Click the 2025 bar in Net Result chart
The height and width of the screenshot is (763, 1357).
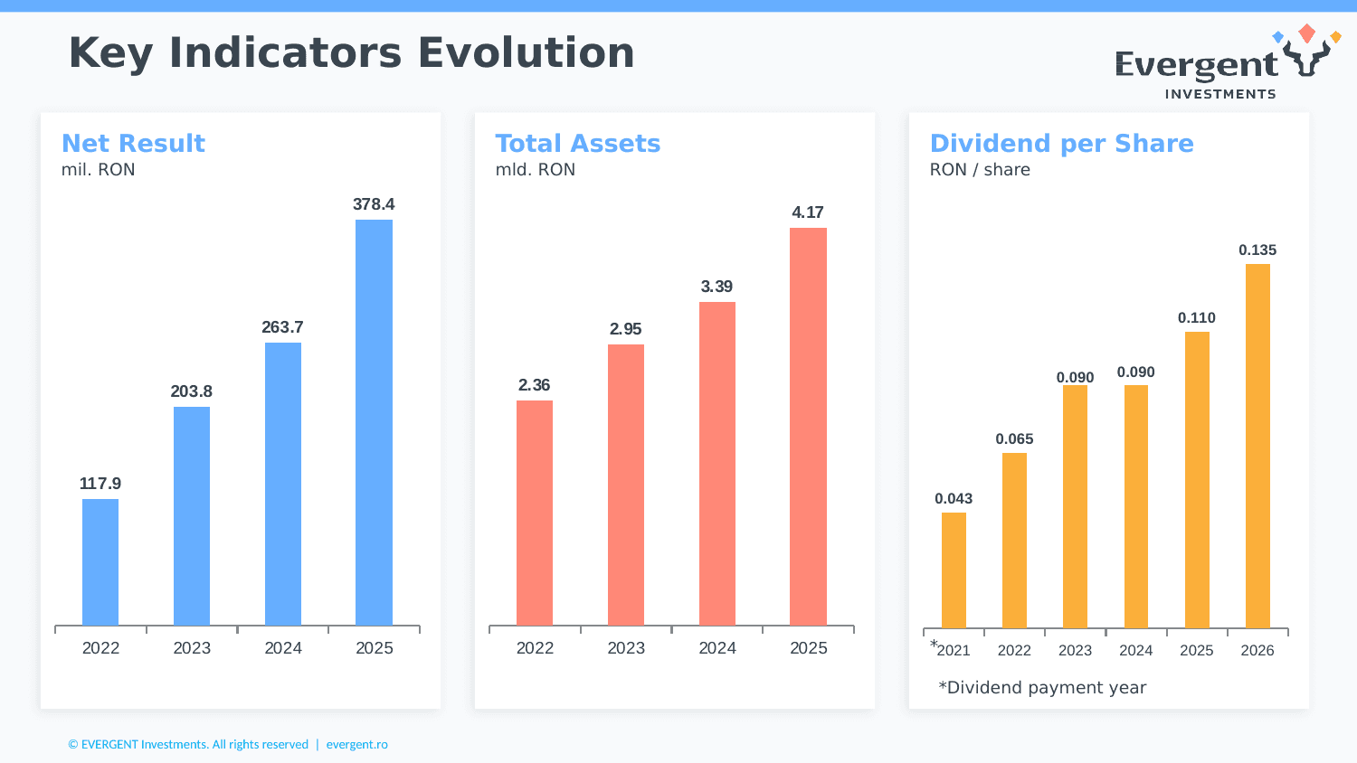click(374, 422)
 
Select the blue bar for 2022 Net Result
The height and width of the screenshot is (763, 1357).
click(100, 561)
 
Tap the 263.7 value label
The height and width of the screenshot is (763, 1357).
click(282, 327)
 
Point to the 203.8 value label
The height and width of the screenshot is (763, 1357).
click(191, 391)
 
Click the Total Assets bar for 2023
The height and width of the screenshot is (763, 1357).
click(626, 485)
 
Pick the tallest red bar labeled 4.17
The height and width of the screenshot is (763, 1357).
click(808, 426)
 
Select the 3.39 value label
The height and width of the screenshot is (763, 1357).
click(716, 287)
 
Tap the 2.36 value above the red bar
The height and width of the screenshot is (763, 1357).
click(534, 385)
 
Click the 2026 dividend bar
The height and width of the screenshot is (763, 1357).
click(1257, 446)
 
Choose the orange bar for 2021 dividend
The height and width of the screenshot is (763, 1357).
click(954, 570)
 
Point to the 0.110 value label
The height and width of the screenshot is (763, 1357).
click(1196, 318)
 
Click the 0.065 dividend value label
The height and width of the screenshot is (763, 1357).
click(1014, 439)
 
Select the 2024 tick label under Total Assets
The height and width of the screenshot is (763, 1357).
click(717, 648)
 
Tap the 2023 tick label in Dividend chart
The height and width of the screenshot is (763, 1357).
click(1075, 651)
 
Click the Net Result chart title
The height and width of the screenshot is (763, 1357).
click(133, 144)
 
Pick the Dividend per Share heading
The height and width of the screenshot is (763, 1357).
click(1061, 144)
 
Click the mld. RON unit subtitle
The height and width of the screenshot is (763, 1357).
click(535, 170)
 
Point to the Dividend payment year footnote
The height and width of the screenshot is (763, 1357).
click(1042, 688)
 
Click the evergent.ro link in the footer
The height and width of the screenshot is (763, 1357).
click(356, 745)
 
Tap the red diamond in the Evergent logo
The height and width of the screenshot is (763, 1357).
click(1306, 33)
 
